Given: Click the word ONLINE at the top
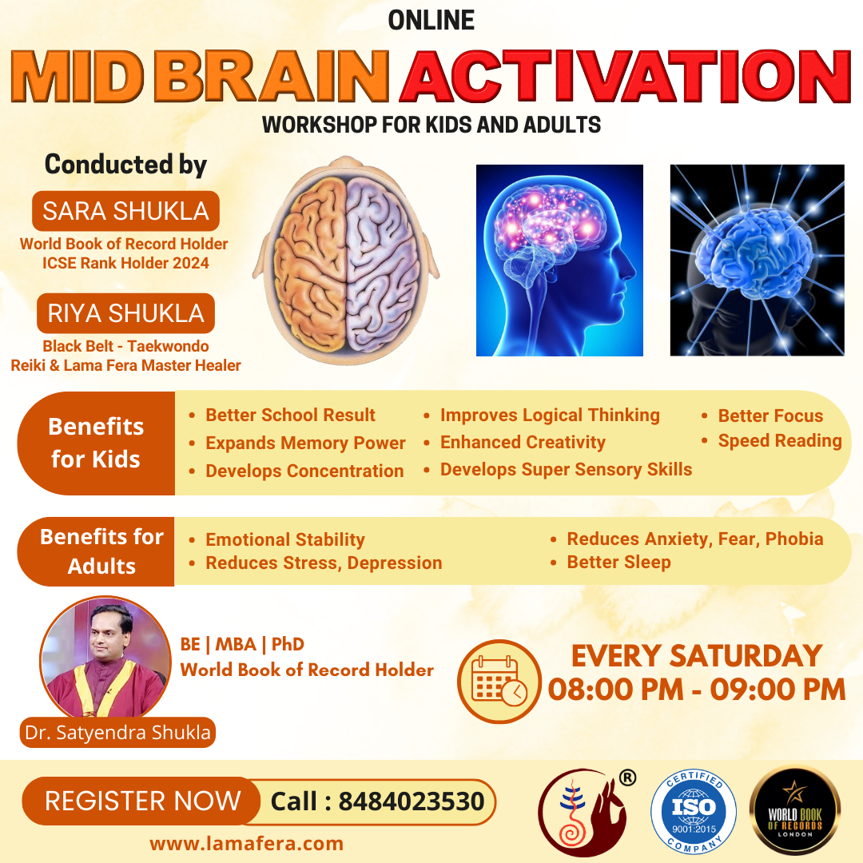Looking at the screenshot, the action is click(x=431, y=20).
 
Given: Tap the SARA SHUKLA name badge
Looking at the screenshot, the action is click(x=125, y=211).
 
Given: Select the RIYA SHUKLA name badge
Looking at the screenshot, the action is click(x=125, y=313).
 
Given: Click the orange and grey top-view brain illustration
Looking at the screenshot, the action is click(x=346, y=260).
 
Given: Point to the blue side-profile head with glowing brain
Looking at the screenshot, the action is click(x=559, y=260).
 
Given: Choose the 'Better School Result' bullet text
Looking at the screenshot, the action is click(x=290, y=415).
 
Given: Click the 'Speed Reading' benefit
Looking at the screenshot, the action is click(x=780, y=441).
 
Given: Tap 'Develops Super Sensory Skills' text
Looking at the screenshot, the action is click(x=566, y=470).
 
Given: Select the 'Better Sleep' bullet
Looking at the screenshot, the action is click(x=618, y=562).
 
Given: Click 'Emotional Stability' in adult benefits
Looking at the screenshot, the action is click(x=285, y=539).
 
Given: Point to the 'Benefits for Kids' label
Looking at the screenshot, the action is click(x=96, y=443).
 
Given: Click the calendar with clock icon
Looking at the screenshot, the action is click(x=499, y=682).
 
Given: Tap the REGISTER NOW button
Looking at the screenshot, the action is click(x=141, y=801).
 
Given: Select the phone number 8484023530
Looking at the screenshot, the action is click(x=412, y=802).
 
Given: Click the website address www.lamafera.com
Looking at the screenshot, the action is click(x=247, y=843).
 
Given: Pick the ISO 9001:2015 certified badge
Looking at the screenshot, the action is click(x=694, y=811).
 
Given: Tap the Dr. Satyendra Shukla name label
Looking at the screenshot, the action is click(x=117, y=733).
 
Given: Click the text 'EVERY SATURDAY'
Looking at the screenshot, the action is click(x=697, y=655).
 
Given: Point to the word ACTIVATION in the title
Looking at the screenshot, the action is click(x=626, y=76).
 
